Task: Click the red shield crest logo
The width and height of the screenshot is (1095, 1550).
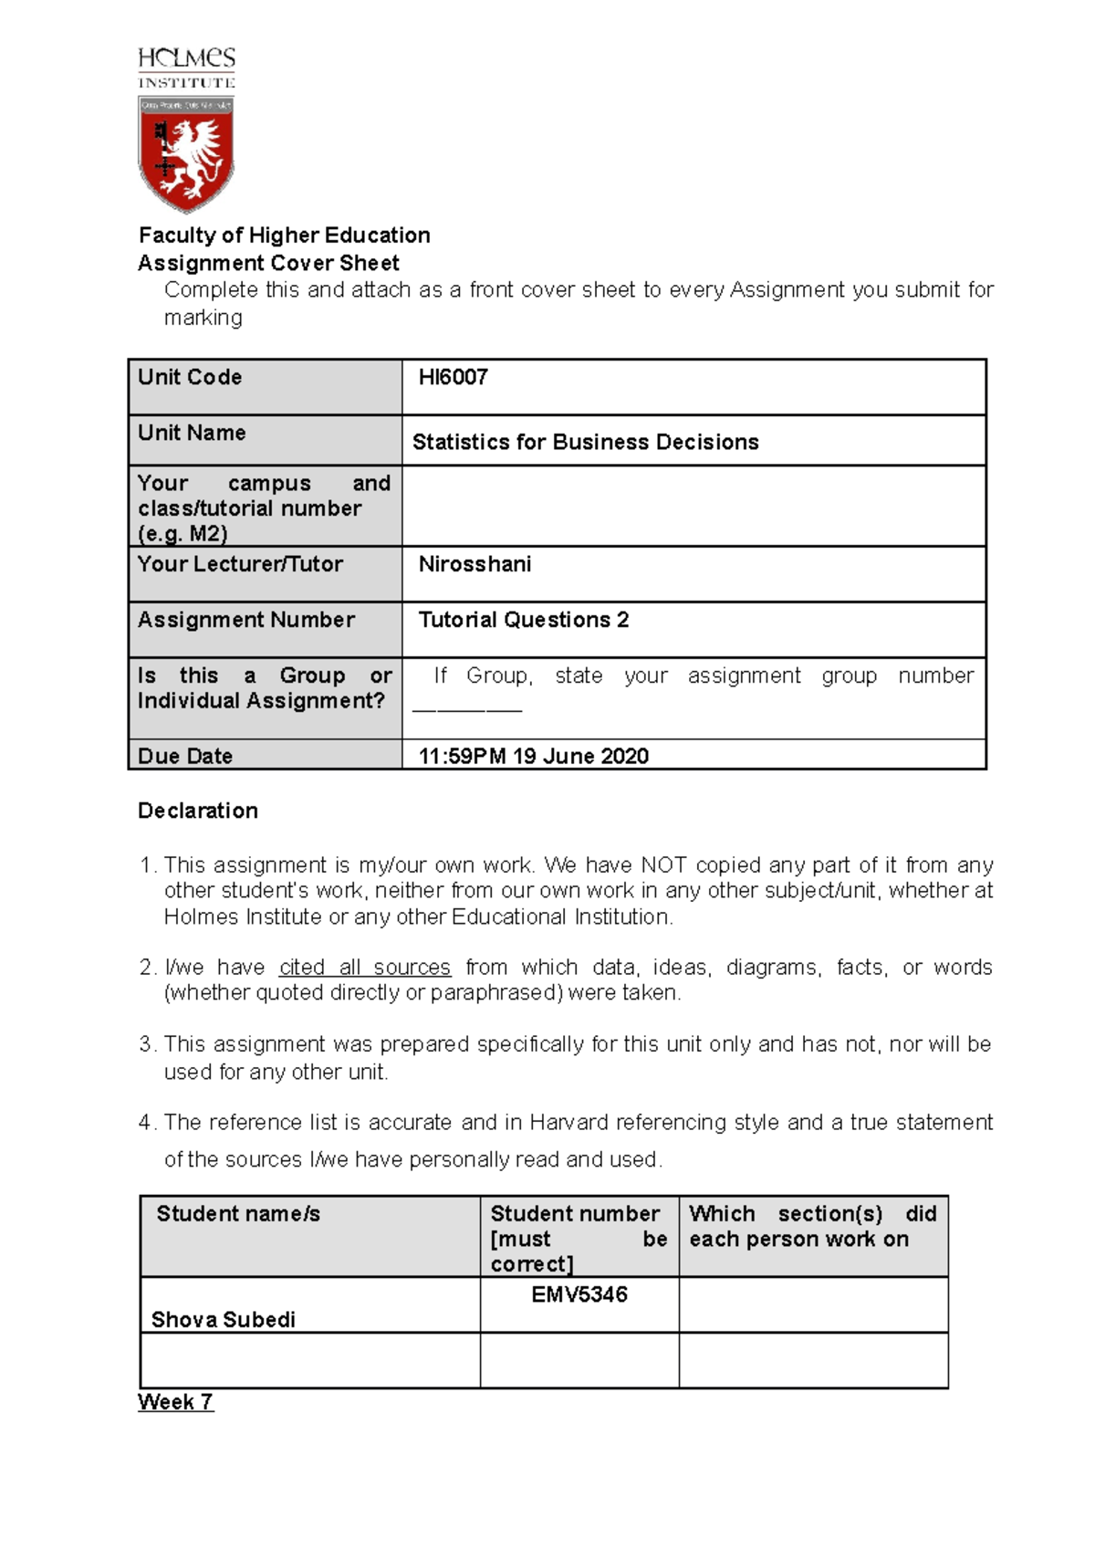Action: [186, 153]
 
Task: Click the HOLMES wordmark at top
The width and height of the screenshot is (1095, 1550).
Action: [186, 59]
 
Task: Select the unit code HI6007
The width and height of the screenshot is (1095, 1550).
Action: [453, 377]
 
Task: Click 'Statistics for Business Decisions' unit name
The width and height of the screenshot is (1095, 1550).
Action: [585, 442]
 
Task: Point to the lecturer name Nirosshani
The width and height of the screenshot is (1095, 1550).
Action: [474, 564]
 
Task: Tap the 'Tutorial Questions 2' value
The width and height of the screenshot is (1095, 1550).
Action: [523, 620]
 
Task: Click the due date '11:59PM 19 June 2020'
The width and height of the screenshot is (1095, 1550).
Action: [533, 756]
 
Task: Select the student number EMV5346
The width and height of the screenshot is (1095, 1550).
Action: [579, 1294]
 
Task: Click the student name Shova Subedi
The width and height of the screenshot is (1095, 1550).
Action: [224, 1319]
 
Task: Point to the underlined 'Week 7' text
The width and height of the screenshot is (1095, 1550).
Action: [175, 1402]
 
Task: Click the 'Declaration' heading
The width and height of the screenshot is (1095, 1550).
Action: [198, 811]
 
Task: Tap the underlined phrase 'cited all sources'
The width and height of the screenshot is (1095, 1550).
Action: [365, 968]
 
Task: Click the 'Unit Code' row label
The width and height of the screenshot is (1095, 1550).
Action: [190, 377]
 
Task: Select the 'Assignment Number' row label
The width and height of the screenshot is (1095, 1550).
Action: [246, 620]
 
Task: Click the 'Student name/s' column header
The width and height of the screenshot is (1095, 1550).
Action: [238, 1214]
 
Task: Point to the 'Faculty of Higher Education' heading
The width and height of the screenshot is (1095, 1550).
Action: [284, 236]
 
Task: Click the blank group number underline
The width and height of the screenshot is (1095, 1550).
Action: [467, 707]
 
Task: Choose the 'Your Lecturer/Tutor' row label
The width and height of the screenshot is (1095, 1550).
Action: [240, 564]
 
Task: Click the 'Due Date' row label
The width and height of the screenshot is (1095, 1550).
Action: [185, 756]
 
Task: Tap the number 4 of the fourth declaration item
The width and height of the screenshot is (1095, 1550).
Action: [145, 1122]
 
